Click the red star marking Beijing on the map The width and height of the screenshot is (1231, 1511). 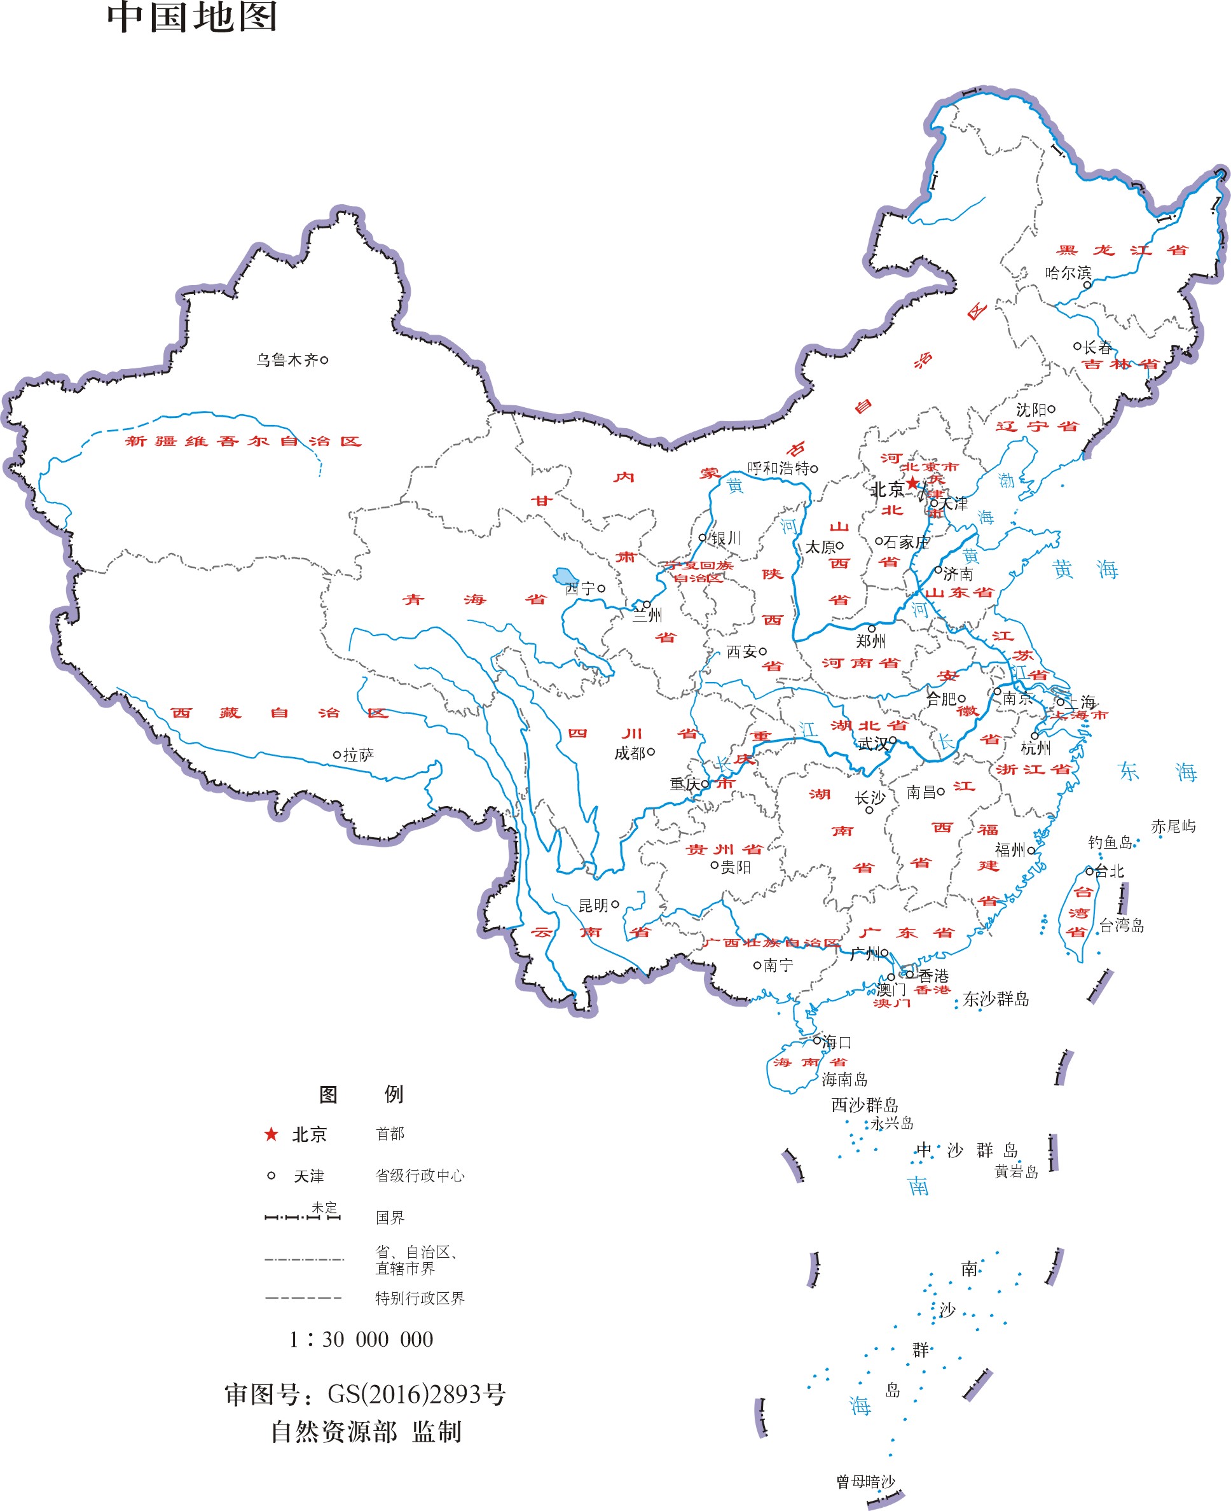912,483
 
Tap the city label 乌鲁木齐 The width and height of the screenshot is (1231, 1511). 287,360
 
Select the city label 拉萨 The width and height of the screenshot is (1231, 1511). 358,755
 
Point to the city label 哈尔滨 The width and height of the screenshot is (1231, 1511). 1067,273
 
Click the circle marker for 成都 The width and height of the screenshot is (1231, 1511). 651,751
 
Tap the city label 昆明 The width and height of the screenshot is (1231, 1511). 593,905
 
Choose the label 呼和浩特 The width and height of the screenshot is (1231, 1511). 778,468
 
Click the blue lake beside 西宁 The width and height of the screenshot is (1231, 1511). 565,575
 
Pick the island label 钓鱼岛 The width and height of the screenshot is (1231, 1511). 1110,842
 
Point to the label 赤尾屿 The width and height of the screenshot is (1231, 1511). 1173,826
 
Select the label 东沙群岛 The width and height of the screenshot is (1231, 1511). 996,999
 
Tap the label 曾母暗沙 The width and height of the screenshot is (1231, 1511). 865,1481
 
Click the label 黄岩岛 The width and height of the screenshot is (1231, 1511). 1015,1172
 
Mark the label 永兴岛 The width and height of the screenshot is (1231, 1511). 891,1124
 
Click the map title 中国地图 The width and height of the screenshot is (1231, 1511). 191,17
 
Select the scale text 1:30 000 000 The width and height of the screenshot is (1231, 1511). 361,1339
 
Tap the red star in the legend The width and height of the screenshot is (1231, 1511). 271,1134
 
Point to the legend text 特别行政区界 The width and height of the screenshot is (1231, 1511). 420,1298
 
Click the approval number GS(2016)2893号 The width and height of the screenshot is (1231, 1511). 416,1395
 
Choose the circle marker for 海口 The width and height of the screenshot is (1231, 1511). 817,1041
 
